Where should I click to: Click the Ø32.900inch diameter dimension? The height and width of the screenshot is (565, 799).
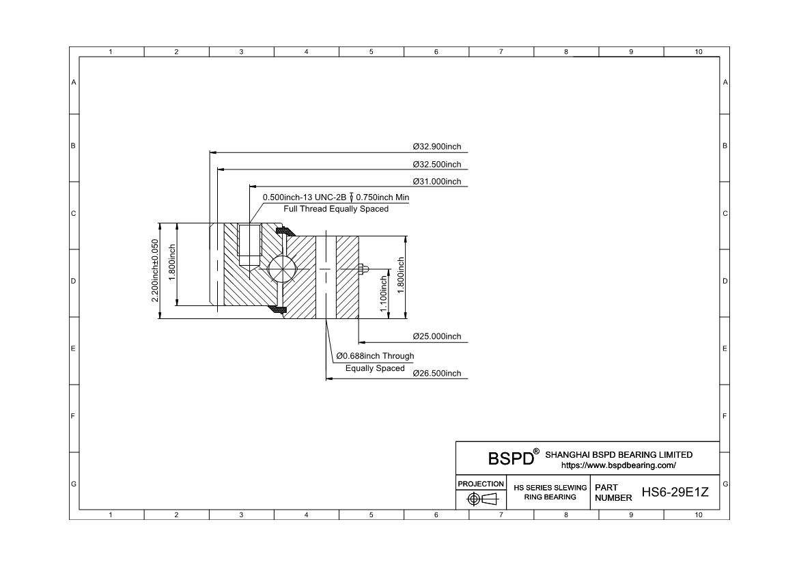click(x=436, y=147)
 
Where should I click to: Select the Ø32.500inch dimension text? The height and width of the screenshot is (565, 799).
click(x=436, y=164)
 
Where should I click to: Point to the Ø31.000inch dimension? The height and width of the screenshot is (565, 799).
click(x=436, y=182)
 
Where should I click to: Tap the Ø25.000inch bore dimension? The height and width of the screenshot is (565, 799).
click(x=436, y=337)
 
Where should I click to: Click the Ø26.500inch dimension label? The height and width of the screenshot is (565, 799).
click(x=436, y=373)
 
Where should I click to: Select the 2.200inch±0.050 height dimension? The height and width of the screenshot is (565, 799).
click(x=155, y=271)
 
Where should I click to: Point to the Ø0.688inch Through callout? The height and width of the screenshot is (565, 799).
click(x=375, y=356)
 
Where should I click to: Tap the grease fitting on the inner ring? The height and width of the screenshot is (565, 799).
click(x=363, y=268)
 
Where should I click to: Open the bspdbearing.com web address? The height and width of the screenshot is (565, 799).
click(x=619, y=465)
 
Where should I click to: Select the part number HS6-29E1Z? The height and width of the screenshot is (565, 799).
click(x=675, y=492)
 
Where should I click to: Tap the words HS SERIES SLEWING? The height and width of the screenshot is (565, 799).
click(x=550, y=488)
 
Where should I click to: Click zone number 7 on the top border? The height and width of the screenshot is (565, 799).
click(x=501, y=51)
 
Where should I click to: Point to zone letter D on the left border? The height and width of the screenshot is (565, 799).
click(x=73, y=281)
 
